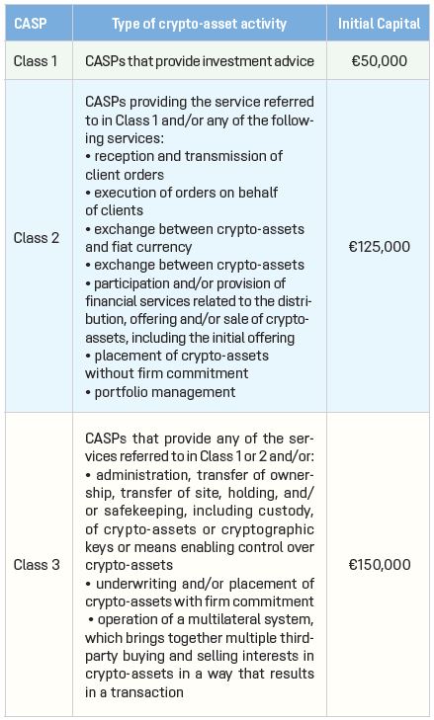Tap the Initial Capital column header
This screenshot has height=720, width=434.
pos(379,23)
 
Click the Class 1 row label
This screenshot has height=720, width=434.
pos(36,61)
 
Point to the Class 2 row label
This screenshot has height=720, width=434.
pos(36,238)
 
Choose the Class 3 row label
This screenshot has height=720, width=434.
pos(36,565)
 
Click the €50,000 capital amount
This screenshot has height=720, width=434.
pos(379,61)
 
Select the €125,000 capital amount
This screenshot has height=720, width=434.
pos(379,246)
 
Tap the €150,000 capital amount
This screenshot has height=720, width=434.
pos(379,565)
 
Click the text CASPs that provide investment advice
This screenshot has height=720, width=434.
pos(198,61)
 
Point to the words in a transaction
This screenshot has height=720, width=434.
pos(136,693)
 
